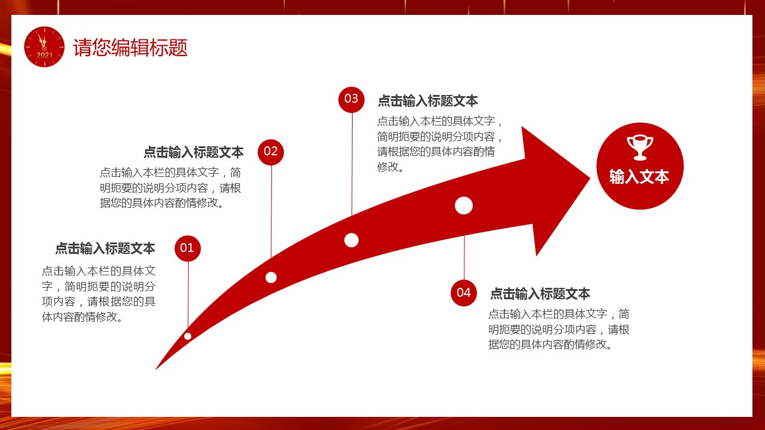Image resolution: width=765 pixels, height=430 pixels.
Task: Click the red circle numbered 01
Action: pyautogui.click(x=188, y=248)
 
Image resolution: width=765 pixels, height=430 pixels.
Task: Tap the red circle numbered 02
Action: pyautogui.click(x=271, y=152)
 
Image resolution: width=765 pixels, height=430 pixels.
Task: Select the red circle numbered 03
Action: pyautogui.click(x=351, y=99)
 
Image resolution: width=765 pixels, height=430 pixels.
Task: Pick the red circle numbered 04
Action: pyautogui.click(x=464, y=293)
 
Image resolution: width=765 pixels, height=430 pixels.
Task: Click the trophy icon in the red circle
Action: pyautogui.click(x=640, y=148)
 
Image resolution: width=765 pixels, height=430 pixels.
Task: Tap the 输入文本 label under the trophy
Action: pyautogui.click(x=639, y=177)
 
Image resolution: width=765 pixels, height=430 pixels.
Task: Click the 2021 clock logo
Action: pyautogui.click(x=44, y=47)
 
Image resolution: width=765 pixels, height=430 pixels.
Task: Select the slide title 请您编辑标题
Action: pyautogui.click(x=130, y=47)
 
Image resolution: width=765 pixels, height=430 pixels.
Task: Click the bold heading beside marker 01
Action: pyautogui.click(x=105, y=248)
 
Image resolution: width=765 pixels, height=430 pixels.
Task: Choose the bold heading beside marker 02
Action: pyautogui.click(x=193, y=152)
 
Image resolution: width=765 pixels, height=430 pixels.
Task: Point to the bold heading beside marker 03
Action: pyautogui.click(x=427, y=101)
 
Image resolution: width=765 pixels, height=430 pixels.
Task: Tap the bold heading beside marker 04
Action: pyautogui.click(x=540, y=294)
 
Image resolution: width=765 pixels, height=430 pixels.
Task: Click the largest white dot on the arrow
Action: pyautogui.click(x=464, y=205)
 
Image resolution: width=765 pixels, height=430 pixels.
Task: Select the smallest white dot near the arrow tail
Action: pyautogui.click(x=188, y=336)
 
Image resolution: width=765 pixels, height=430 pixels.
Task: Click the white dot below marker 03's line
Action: pyautogui.click(x=351, y=240)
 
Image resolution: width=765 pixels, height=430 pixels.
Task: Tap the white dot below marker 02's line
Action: pyautogui.click(x=271, y=278)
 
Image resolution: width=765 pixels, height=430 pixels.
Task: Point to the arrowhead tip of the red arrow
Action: pyautogui.click(x=590, y=178)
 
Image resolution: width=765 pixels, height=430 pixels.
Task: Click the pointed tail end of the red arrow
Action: pyautogui.click(x=156, y=369)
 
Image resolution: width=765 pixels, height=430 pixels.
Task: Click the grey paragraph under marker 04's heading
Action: pyautogui.click(x=559, y=329)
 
